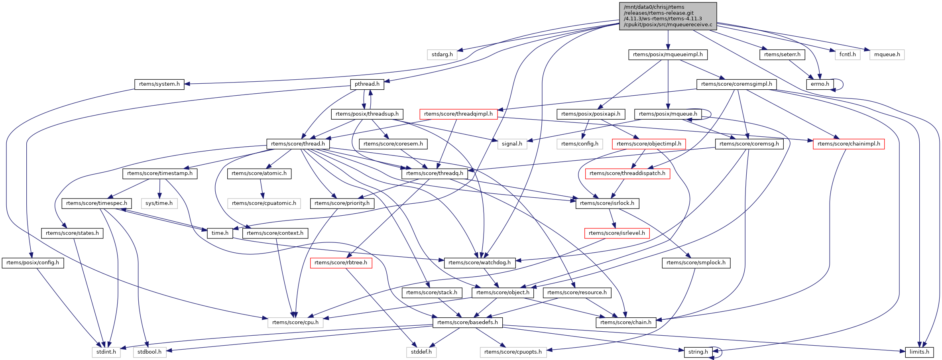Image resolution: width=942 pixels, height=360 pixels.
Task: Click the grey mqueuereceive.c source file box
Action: [668, 16]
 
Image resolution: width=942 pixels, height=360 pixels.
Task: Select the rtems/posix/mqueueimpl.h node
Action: [668, 55]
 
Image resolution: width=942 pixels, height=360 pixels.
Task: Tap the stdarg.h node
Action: [442, 55]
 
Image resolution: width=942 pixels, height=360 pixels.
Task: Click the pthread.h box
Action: [367, 84]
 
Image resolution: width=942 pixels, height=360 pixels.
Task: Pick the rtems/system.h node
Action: [159, 84]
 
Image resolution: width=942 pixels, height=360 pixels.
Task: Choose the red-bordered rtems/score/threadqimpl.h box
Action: [458, 114]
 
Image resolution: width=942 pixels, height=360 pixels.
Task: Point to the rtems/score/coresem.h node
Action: [393, 144]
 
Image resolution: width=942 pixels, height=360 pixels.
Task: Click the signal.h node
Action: [512, 144]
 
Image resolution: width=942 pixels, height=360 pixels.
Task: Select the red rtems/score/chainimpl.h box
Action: [849, 144]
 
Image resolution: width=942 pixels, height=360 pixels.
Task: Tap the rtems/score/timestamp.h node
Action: [160, 173]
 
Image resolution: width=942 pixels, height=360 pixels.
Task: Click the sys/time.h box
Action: [159, 203]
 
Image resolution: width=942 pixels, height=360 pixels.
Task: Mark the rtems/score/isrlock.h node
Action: [607, 203]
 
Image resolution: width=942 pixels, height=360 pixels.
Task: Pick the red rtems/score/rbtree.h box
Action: [341, 263]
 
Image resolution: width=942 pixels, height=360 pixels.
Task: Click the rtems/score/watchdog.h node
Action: [479, 263]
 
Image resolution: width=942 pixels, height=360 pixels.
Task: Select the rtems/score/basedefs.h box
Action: [467, 323]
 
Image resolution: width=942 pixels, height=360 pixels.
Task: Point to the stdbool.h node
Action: [149, 352]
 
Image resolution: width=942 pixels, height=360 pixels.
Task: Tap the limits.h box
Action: [919, 352]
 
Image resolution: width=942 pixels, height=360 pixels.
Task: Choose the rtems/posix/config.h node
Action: [33, 263]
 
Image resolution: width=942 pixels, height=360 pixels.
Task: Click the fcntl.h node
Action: [848, 55]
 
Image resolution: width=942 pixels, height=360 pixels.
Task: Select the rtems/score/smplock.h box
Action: [696, 263]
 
